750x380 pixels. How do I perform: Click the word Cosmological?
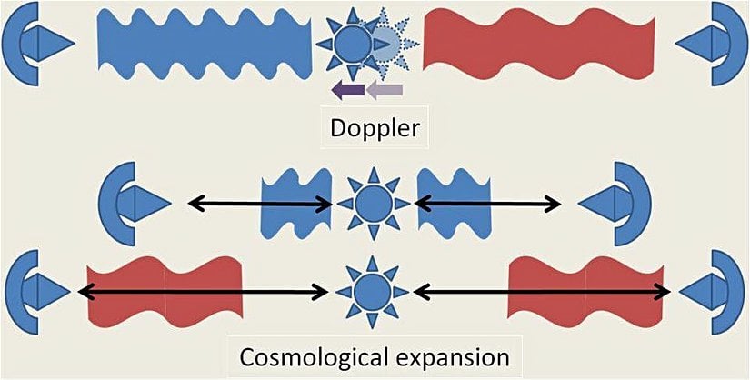(x=309, y=357)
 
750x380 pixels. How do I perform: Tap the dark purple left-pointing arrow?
(x=347, y=89)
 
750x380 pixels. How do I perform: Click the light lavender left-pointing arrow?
(x=384, y=89)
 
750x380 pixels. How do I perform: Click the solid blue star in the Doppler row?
(x=349, y=42)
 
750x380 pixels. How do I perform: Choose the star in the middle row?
(x=373, y=204)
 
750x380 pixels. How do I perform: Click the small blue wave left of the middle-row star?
(x=296, y=204)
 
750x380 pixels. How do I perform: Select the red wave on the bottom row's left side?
(x=164, y=292)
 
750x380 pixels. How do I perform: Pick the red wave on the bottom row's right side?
(x=585, y=292)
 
